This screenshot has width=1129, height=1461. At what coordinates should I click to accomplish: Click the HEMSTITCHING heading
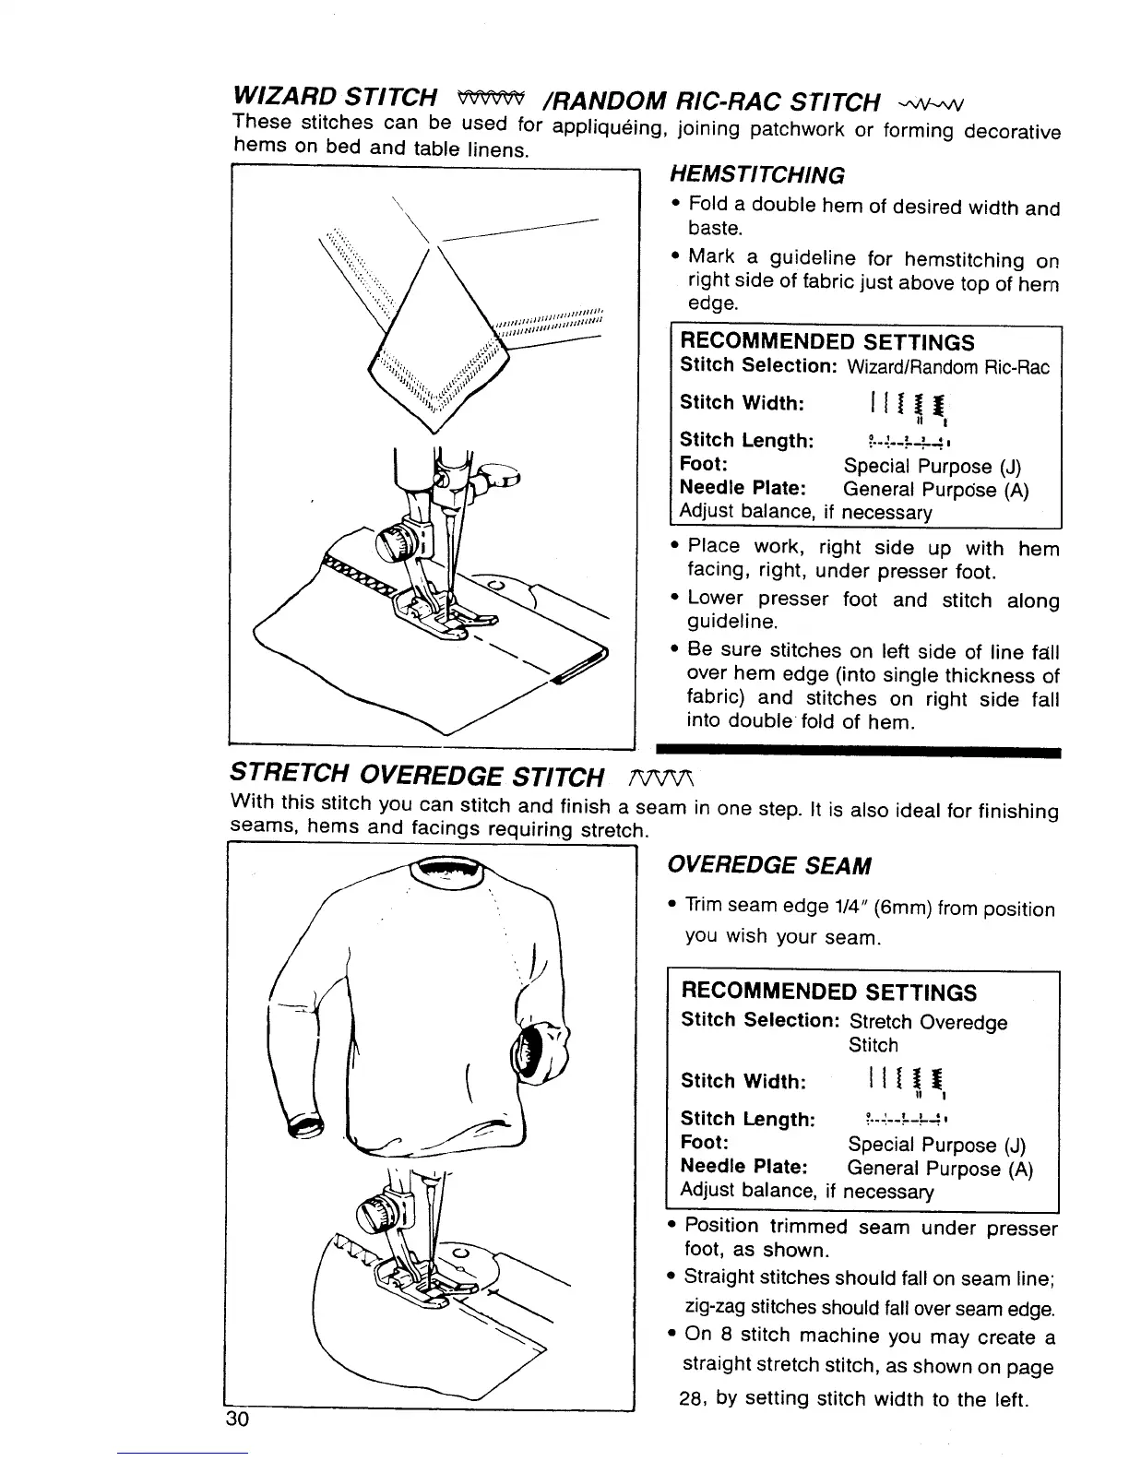pos(743,175)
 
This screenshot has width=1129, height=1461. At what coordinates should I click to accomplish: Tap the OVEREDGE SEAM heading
pos(767,865)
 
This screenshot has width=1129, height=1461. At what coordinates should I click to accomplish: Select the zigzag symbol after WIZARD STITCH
pos(495,96)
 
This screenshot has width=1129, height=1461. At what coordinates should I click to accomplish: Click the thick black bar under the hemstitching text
pos(858,753)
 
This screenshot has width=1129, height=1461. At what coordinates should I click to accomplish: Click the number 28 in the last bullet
pos(692,1398)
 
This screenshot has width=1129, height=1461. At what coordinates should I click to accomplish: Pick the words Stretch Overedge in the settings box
pos(927,1022)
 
